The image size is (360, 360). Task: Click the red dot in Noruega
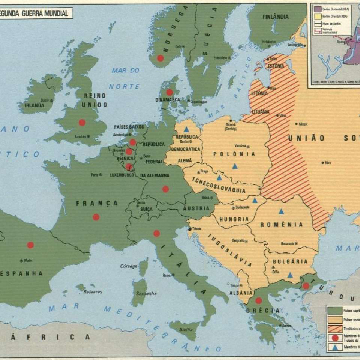160,58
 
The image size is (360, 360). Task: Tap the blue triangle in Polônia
235,166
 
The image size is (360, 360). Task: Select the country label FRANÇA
97,204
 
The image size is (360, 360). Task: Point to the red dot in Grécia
258,300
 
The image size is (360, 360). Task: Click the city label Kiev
328,163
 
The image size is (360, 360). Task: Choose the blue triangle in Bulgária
290,275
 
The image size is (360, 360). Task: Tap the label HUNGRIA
234,219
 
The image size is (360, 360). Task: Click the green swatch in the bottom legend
334,310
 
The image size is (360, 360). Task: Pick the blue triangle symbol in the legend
335,347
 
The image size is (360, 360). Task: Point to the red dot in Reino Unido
82,122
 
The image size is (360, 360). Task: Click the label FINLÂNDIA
276,17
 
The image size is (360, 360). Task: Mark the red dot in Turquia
306,286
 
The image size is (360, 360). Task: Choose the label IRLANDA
34,105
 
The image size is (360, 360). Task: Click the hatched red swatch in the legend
334,328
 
